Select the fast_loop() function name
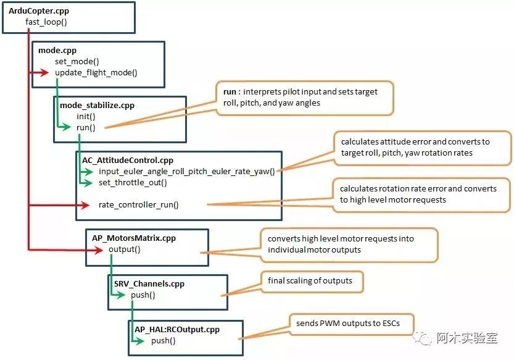(46, 22)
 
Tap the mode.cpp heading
(57, 51)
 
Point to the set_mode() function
(77, 62)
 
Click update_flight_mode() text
(96, 72)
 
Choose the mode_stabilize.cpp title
(97, 105)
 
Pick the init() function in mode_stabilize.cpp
(86, 116)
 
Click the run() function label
(86, 127)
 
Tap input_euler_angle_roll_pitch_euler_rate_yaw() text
(186, 171)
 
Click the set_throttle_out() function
(133, 183)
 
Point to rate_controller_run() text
(138, 204)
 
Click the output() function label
(124, 249)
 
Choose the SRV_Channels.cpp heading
(149, 283)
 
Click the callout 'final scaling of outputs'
(310, 281)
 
